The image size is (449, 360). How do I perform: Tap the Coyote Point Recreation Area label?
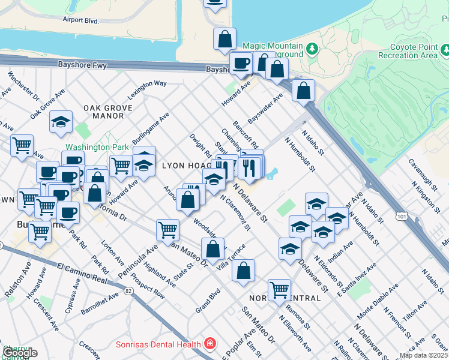point(412,50)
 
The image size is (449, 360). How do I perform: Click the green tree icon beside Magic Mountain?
point(311,47)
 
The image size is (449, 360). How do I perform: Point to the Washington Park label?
point(97,146)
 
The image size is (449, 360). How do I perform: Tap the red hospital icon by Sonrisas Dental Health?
point(210,344)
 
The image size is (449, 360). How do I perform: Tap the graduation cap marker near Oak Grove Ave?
point(61,122)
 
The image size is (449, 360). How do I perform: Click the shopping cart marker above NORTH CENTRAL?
point(279,290)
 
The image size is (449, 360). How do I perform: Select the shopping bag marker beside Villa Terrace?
point(243,271)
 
